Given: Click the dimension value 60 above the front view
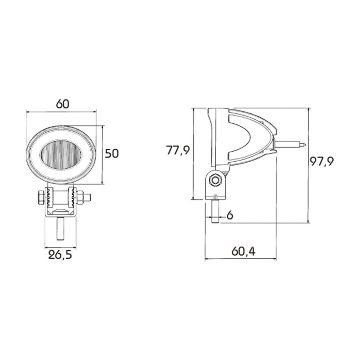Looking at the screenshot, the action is coord(63,104).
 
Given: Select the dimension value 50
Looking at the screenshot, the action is coord(112,153).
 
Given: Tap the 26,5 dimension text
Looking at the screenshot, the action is coord(60,255).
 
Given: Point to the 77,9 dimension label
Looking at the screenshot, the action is coord(178,151).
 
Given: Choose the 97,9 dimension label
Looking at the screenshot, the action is coord(322,161).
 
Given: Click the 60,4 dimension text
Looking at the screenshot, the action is coord(243,252).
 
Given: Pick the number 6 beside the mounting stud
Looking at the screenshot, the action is coord(230,215).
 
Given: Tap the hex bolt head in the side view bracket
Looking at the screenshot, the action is coord(215,180).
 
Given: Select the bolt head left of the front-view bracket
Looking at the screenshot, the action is coord(41,197).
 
